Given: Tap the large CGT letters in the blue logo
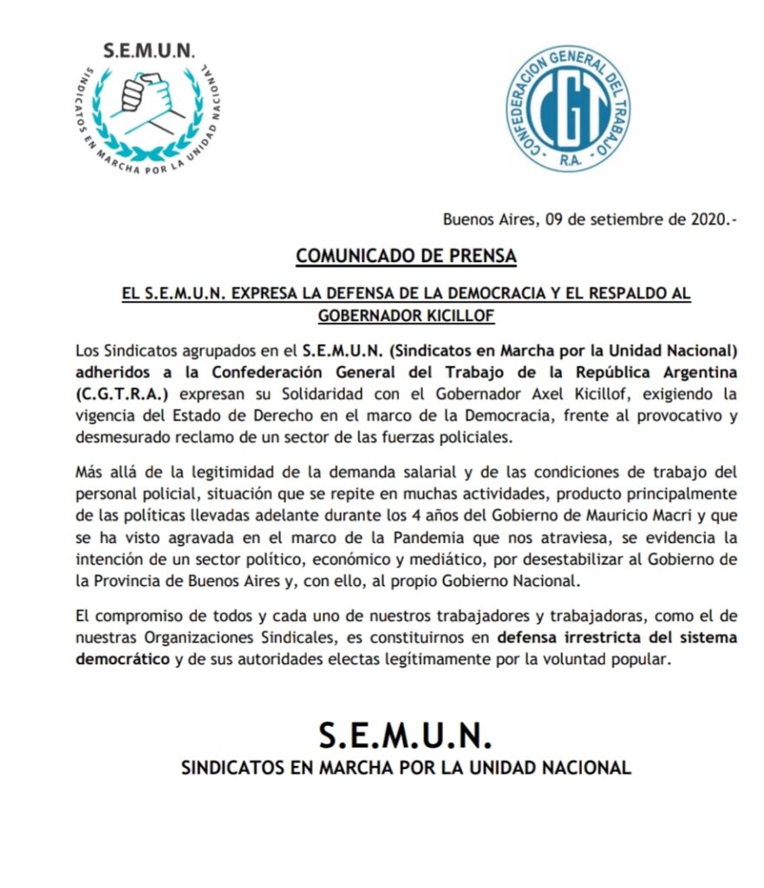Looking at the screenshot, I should [x=569, y=108].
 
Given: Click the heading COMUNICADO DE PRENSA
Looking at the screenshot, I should [x=406, y=257].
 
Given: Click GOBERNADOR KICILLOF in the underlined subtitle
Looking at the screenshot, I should [x=406, y=316].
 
